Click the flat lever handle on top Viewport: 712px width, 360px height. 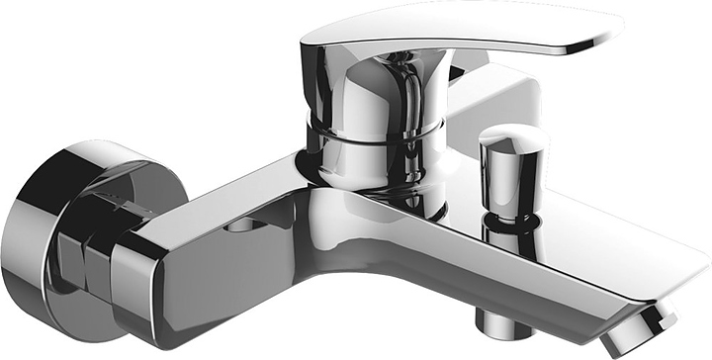(x=465, y=30)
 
